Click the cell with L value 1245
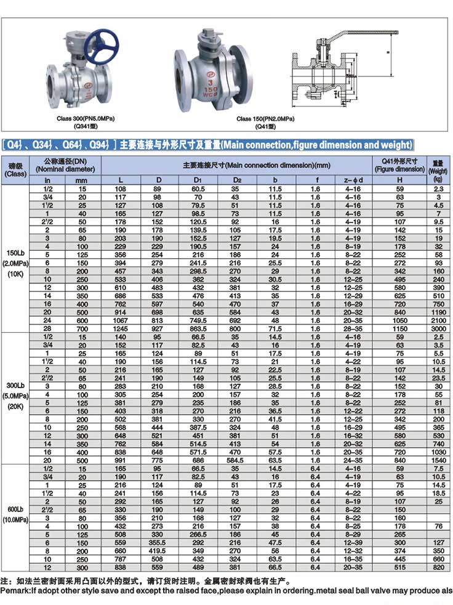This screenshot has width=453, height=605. tap(121, 328)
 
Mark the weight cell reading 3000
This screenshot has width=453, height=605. tap(438, 328)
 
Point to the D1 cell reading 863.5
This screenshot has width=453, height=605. tap(198, 328)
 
